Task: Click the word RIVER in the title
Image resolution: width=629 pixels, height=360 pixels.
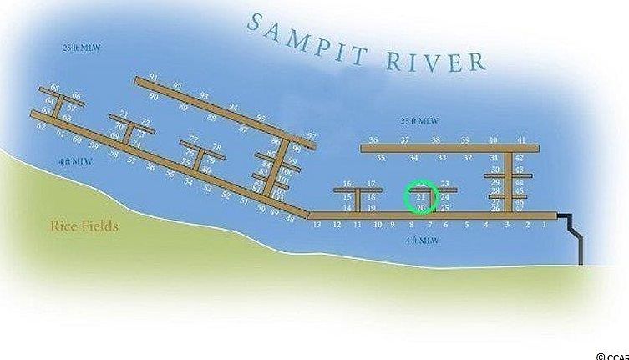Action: click(435, 58)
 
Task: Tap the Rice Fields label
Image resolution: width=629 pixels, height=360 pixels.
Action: click(84, 226)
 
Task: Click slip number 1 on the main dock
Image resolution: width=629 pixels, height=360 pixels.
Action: click(545, 224)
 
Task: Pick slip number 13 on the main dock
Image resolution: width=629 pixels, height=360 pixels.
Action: click(317, 224)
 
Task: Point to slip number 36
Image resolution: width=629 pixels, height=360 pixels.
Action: click(373, 140)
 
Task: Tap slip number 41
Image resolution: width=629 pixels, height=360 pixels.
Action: click(521, 140)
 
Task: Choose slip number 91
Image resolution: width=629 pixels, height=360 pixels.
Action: click(153, 78)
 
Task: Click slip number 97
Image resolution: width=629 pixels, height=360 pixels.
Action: click(312, 136)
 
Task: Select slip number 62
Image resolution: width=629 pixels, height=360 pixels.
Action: click(41, 126)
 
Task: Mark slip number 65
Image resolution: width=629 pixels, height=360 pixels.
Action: click(55, 88)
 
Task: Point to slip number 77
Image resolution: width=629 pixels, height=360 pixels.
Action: click(194, 139)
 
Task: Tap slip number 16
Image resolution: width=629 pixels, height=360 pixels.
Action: click(347, 184)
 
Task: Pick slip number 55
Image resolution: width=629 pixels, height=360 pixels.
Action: click(170, 172)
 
